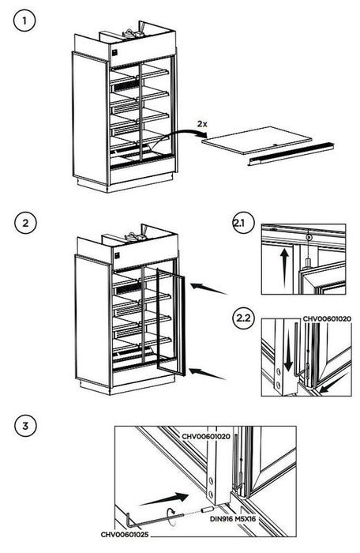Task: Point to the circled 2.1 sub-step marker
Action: tap(242, 225)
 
